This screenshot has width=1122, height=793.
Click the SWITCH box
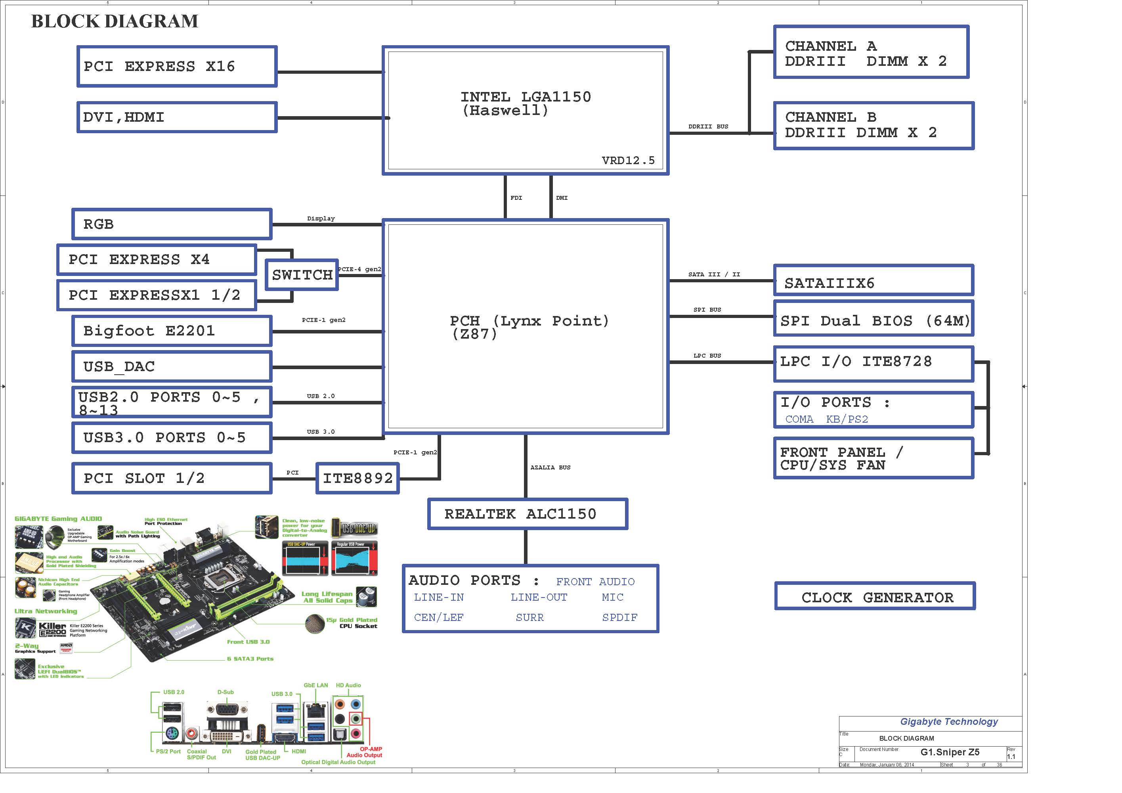tap(302, 275)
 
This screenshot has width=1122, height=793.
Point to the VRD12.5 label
tap(628, 160)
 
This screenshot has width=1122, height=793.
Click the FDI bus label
tap(516, 198)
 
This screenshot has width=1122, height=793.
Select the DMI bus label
tap(562, 198)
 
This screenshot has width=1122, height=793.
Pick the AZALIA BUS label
tap(550, 467)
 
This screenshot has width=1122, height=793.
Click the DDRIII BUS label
tap(708, 126)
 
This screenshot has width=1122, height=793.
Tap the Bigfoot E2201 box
tap(172, 331)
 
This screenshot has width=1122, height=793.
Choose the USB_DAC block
tap(172, 367)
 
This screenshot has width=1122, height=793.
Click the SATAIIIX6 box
tap(873, 281)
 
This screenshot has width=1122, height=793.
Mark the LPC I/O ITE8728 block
tap(873, 364)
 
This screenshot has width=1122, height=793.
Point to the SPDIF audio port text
tap(619, 617)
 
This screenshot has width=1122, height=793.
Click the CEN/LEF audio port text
tap(439, 617)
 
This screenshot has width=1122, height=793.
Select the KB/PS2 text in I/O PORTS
tap(847, 419)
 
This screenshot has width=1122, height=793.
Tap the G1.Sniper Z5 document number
tap(950, 752)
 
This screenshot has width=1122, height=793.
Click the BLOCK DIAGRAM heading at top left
tap(115, 21)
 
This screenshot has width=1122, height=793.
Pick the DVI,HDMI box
tap(177, 117)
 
